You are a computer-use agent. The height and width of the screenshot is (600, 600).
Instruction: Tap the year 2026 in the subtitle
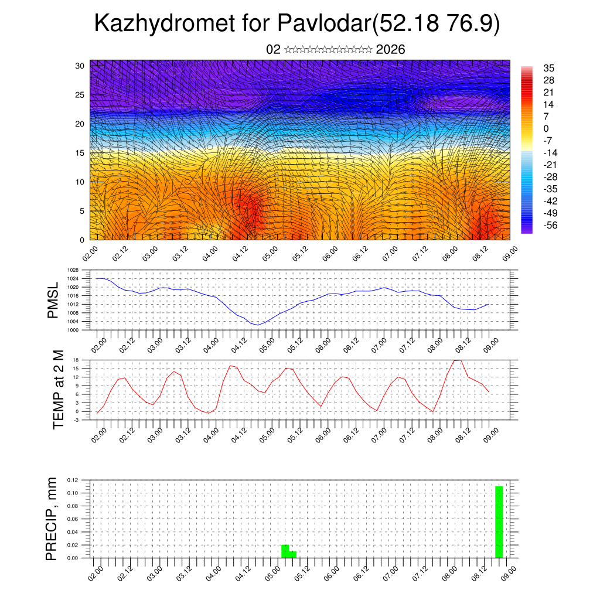click(x=390, y=50)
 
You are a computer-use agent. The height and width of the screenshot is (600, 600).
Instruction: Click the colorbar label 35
click(x=549, y=68)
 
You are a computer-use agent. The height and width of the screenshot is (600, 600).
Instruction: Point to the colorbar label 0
click(x=546, y=128)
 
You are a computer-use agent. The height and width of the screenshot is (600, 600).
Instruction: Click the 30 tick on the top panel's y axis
click(x=80, y=66)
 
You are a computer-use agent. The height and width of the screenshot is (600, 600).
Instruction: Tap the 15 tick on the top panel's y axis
click(x=80, y=153)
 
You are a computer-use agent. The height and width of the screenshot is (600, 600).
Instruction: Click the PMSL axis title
click(x=53, y=301)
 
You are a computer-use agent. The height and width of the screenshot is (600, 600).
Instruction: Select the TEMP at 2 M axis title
click(x=58, y=390)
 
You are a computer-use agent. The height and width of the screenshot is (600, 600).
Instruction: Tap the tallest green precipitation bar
click(x=499, y=521)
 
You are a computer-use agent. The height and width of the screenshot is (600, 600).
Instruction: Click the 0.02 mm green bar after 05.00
click(x=285, y=551)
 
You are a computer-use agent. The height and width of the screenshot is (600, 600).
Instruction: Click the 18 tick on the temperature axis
click(x=76, y=360)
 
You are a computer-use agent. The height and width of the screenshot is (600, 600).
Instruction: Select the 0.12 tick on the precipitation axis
click(x=73, y=480)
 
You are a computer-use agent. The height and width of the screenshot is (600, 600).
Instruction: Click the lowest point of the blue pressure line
click(x=258, y=325)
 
